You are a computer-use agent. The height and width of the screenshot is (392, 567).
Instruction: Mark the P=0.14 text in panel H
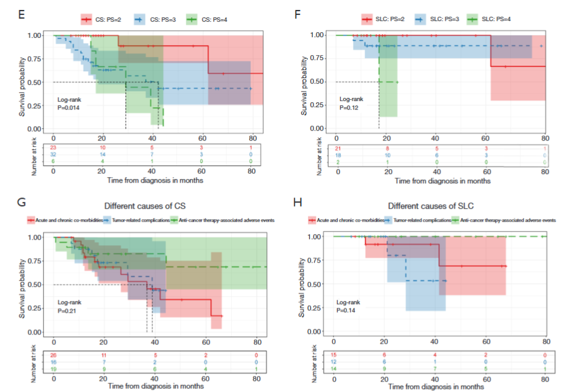(x=348, y=310)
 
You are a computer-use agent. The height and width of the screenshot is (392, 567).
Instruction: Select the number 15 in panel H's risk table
(x=334, y=355)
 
